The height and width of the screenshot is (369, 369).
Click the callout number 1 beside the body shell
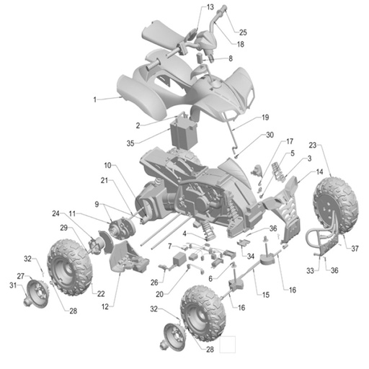pos(95,99)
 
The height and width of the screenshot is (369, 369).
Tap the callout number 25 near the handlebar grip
pos(243,32)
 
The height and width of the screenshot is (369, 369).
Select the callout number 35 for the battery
pos(130,143)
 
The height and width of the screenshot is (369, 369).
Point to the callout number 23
pos(313,145)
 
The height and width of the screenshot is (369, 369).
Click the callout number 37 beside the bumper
pos(355,249)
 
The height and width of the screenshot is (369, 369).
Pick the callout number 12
pos(105,307)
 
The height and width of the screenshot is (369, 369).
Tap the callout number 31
pos(13,285)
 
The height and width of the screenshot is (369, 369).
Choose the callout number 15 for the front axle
pos(266,295)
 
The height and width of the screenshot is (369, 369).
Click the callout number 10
pos(107,166)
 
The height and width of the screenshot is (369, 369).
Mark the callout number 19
pos(265,117)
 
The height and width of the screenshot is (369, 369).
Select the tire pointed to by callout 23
pos(336,203)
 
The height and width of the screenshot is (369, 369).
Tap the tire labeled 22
pos(70,267)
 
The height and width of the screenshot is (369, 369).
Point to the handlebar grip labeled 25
pos(223,9)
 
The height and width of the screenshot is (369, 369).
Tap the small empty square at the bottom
pos(228,344)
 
